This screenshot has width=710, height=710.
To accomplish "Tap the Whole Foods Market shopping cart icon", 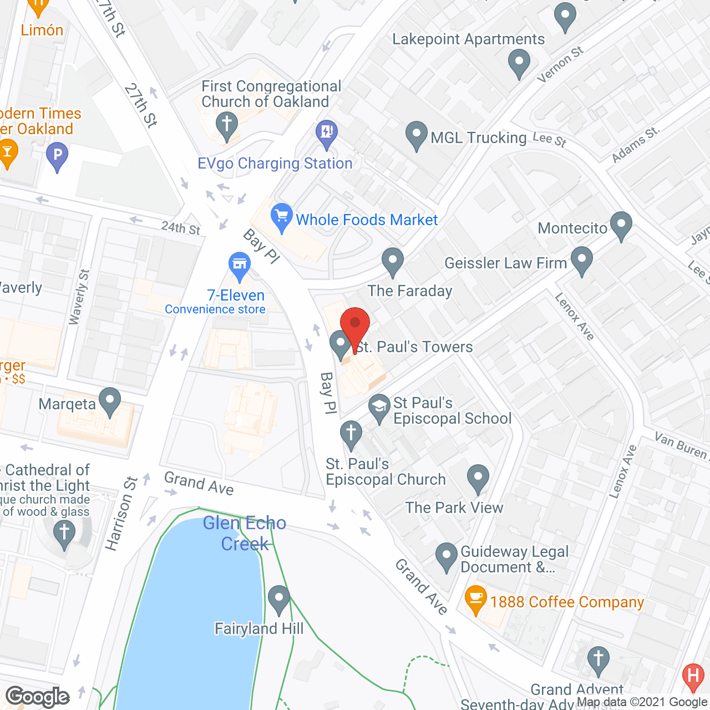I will click(282, 216).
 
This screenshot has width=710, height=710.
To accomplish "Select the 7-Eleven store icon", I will click(240, 265).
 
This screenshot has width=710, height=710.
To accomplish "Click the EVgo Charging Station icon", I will click(327, 133).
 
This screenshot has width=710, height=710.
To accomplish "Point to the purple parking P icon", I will click(57, 155).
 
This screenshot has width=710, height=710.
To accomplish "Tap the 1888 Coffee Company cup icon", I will click(475, 599).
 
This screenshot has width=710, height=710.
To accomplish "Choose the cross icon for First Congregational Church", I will click(226, 125).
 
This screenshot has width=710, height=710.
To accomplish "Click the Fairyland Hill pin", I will click(278, 599).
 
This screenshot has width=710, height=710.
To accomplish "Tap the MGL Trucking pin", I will click(416, 135).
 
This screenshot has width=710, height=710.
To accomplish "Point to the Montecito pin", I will click(621, 225).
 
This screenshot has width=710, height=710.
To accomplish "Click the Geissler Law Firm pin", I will click(582, 260).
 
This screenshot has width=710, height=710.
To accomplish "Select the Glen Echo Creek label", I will click(245, 533).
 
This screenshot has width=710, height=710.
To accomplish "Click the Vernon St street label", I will click(560, 64).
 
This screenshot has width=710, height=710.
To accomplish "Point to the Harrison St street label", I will click(121, 514).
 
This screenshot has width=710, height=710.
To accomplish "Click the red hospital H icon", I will click(693, 676).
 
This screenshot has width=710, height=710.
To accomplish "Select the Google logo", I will click(38, 696).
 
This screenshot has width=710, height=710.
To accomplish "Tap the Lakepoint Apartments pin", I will click(519, 63).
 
